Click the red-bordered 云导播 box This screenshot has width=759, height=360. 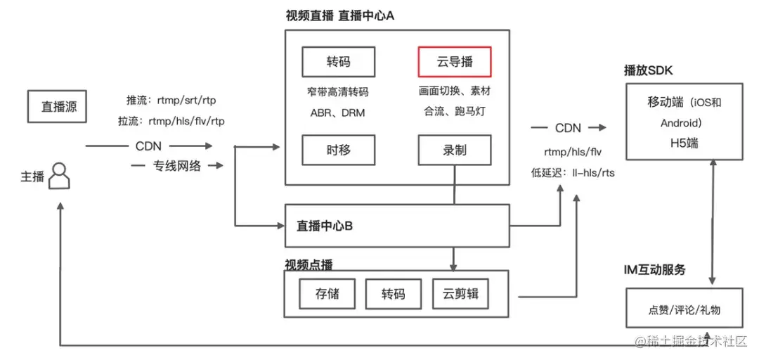[x=455, y=62]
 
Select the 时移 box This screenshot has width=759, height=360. [x=338, y=150]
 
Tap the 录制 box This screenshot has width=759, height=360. [x=455, y=150]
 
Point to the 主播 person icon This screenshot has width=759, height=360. [x=60, y=176]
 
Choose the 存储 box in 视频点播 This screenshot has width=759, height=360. [x=327, y=294]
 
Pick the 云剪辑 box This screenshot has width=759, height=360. [x=461, y=294]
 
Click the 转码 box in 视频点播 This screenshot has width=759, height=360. [x=394, y=294]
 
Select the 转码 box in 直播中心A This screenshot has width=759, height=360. [x=338, y=62]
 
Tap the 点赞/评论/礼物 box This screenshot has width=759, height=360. [x=684, y=308]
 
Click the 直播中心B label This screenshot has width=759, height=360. [x=324, y=226]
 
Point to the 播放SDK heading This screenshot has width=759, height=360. [x=648, y=71]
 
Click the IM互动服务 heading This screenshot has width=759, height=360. [x=654, y=270]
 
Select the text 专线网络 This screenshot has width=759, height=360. [x=177, y=166]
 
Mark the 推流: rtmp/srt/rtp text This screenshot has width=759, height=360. [x=171, y=101]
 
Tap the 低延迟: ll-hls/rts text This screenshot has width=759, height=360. [x=573, y=172]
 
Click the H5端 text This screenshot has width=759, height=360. [x=685, y=143]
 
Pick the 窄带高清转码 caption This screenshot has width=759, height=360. [x=338, y=91]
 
